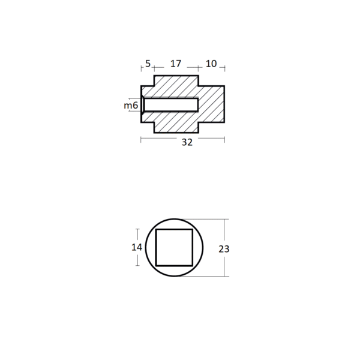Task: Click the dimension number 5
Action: (x=148, y=64)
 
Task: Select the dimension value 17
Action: (x=176, y=64)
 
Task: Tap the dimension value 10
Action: (x=211, y=64)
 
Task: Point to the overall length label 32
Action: (x=187, y=142)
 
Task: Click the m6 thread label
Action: (x=131, y=106)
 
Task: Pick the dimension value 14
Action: (x=137, y=247)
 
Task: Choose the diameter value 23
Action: (x=224, y=249)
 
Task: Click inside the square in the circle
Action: (x=174, y=247)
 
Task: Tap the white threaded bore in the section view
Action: (x=171, y=104)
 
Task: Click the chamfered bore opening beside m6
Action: (x=143, y=104)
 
